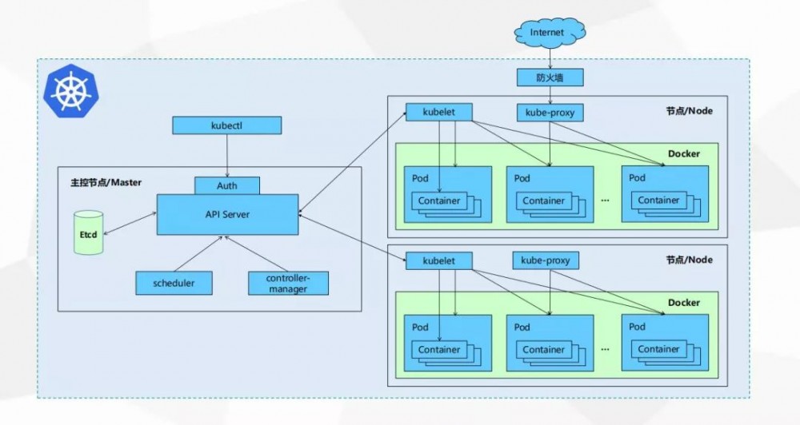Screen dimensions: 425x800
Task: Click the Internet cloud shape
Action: (548, 32)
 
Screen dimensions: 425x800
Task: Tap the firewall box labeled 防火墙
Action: (548, 77)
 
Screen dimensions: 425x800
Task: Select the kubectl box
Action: (227, 125)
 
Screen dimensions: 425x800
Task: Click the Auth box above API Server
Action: (227, 185)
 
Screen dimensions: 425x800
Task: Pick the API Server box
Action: (227, 214)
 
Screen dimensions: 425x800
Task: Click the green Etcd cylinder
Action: (89, 232)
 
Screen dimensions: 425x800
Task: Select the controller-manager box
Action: (288, 282)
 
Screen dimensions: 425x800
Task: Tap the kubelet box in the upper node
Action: (438, 113)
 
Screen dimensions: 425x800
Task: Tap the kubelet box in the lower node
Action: (438, 260)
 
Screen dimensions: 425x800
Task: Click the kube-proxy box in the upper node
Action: (549, 113)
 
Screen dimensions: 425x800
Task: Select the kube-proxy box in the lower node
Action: (549, 260)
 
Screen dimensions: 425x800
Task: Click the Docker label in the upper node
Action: (683, 153)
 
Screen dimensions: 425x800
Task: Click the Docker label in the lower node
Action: (683, 303)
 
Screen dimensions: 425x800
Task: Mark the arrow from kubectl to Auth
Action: (227, 155)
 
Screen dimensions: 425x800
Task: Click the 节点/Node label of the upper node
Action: (689, 111)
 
